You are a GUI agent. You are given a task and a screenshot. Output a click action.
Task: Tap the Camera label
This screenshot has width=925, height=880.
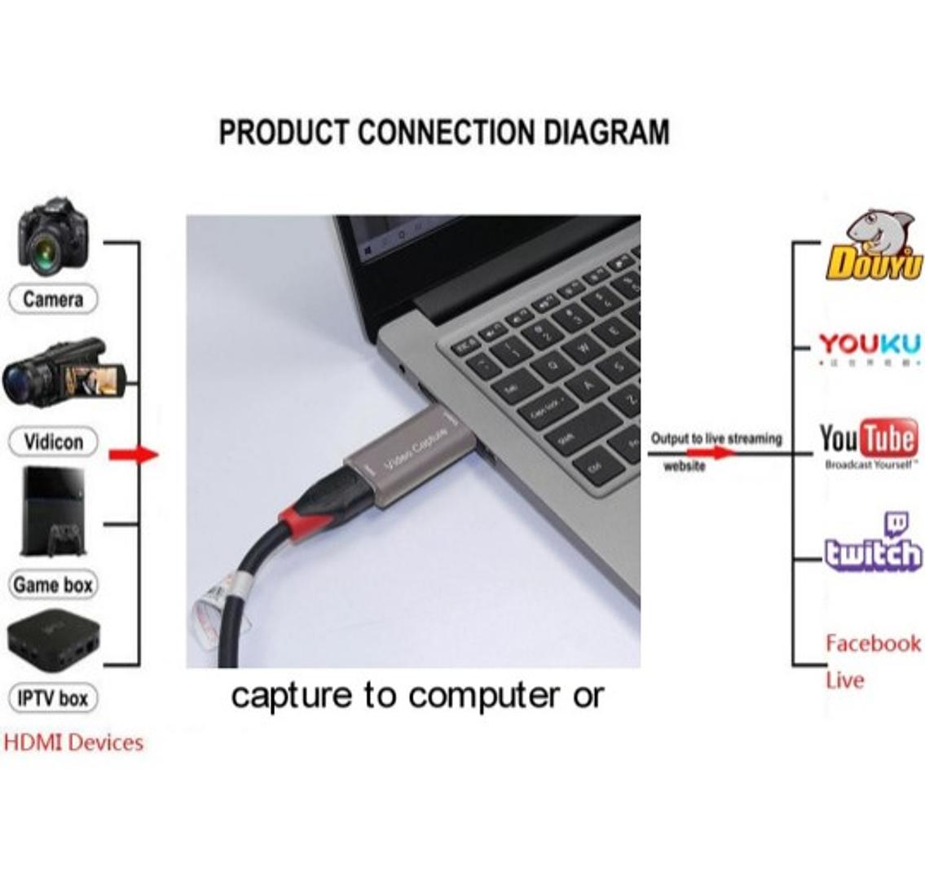click(53, 299)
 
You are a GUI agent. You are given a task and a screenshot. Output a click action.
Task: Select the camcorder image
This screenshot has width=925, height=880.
click(61, 373)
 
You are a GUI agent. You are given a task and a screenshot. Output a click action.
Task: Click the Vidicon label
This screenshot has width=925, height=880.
click(53, 442)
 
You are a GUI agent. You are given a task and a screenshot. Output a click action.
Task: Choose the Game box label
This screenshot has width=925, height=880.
click(53, 584)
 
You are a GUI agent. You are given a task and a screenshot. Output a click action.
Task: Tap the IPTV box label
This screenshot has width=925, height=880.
click(53, 698)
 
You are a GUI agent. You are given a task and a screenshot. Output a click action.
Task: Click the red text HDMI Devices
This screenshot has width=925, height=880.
click(73, 742)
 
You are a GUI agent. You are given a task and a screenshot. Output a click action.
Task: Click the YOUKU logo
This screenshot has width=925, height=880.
click(870, 346)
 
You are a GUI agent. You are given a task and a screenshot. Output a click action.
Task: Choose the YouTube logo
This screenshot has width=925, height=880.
click(868, 442)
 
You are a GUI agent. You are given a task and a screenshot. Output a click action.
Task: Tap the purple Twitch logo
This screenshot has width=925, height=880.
click(872, 544)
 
